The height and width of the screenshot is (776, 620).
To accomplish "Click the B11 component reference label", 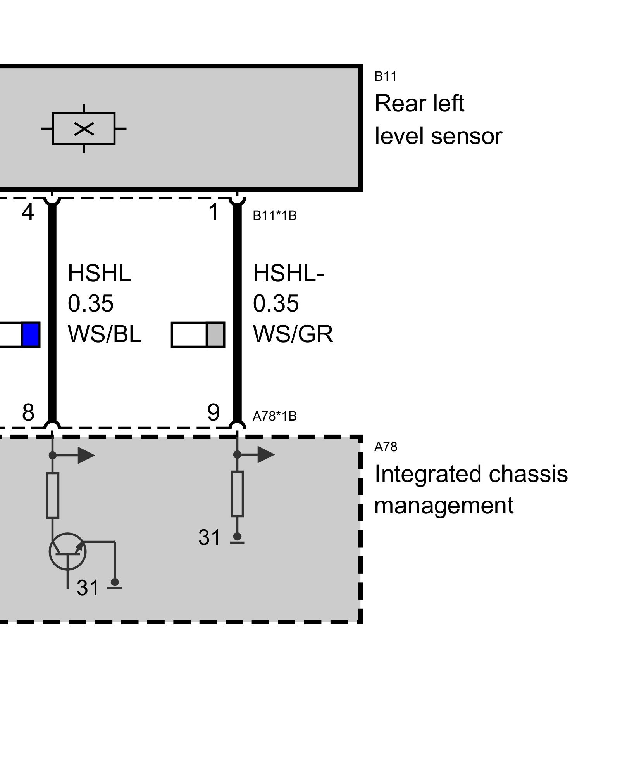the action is pos(385,76).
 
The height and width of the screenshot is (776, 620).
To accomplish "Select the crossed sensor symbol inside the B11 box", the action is pos(84,128).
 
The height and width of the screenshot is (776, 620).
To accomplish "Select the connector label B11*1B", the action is pos(275,216).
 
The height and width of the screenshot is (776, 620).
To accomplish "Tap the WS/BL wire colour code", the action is pos(105,334).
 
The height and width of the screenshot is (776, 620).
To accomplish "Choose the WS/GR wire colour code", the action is pos(293,334).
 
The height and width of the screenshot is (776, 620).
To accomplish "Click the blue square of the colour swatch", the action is pos(31,334).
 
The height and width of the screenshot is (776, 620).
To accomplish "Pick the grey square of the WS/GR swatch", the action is pos(215,334).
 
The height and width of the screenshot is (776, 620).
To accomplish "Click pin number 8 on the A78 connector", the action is pos(28,412).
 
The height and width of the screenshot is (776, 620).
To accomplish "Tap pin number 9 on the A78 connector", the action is pos(214,412).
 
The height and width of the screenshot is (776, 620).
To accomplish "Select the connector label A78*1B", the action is pos(275,416).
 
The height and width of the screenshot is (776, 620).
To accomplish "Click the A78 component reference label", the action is pos(386,447).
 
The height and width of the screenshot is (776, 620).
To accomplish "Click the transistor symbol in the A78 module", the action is pos(68,551).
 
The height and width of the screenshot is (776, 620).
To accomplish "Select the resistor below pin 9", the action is pos(237,494).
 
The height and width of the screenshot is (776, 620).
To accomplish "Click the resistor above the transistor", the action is pos(53,495).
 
